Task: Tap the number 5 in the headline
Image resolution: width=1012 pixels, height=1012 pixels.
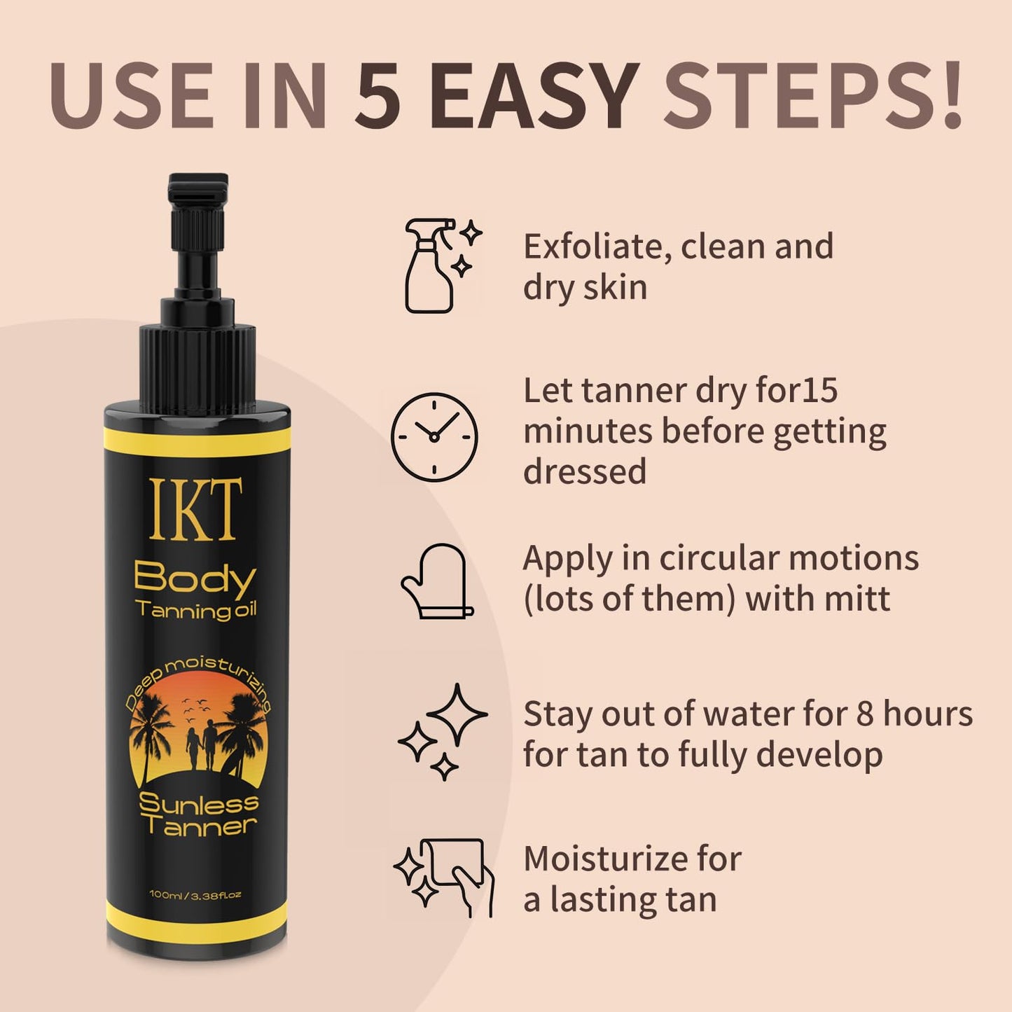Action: point(378,97)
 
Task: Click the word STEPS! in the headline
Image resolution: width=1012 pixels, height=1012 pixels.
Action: point(812,97)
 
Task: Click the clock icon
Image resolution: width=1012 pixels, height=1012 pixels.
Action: point(434,437)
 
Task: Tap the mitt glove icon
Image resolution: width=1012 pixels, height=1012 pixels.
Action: point(434,581)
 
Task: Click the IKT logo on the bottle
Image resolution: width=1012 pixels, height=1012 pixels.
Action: point(196,509)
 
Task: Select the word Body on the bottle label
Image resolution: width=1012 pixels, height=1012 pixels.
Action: point(195,578)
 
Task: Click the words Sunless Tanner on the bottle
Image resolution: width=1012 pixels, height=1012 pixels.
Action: point(197,815)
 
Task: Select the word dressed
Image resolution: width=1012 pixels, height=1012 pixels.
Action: point(585,471)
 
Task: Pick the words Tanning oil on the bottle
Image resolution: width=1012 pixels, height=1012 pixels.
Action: point(196,610)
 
